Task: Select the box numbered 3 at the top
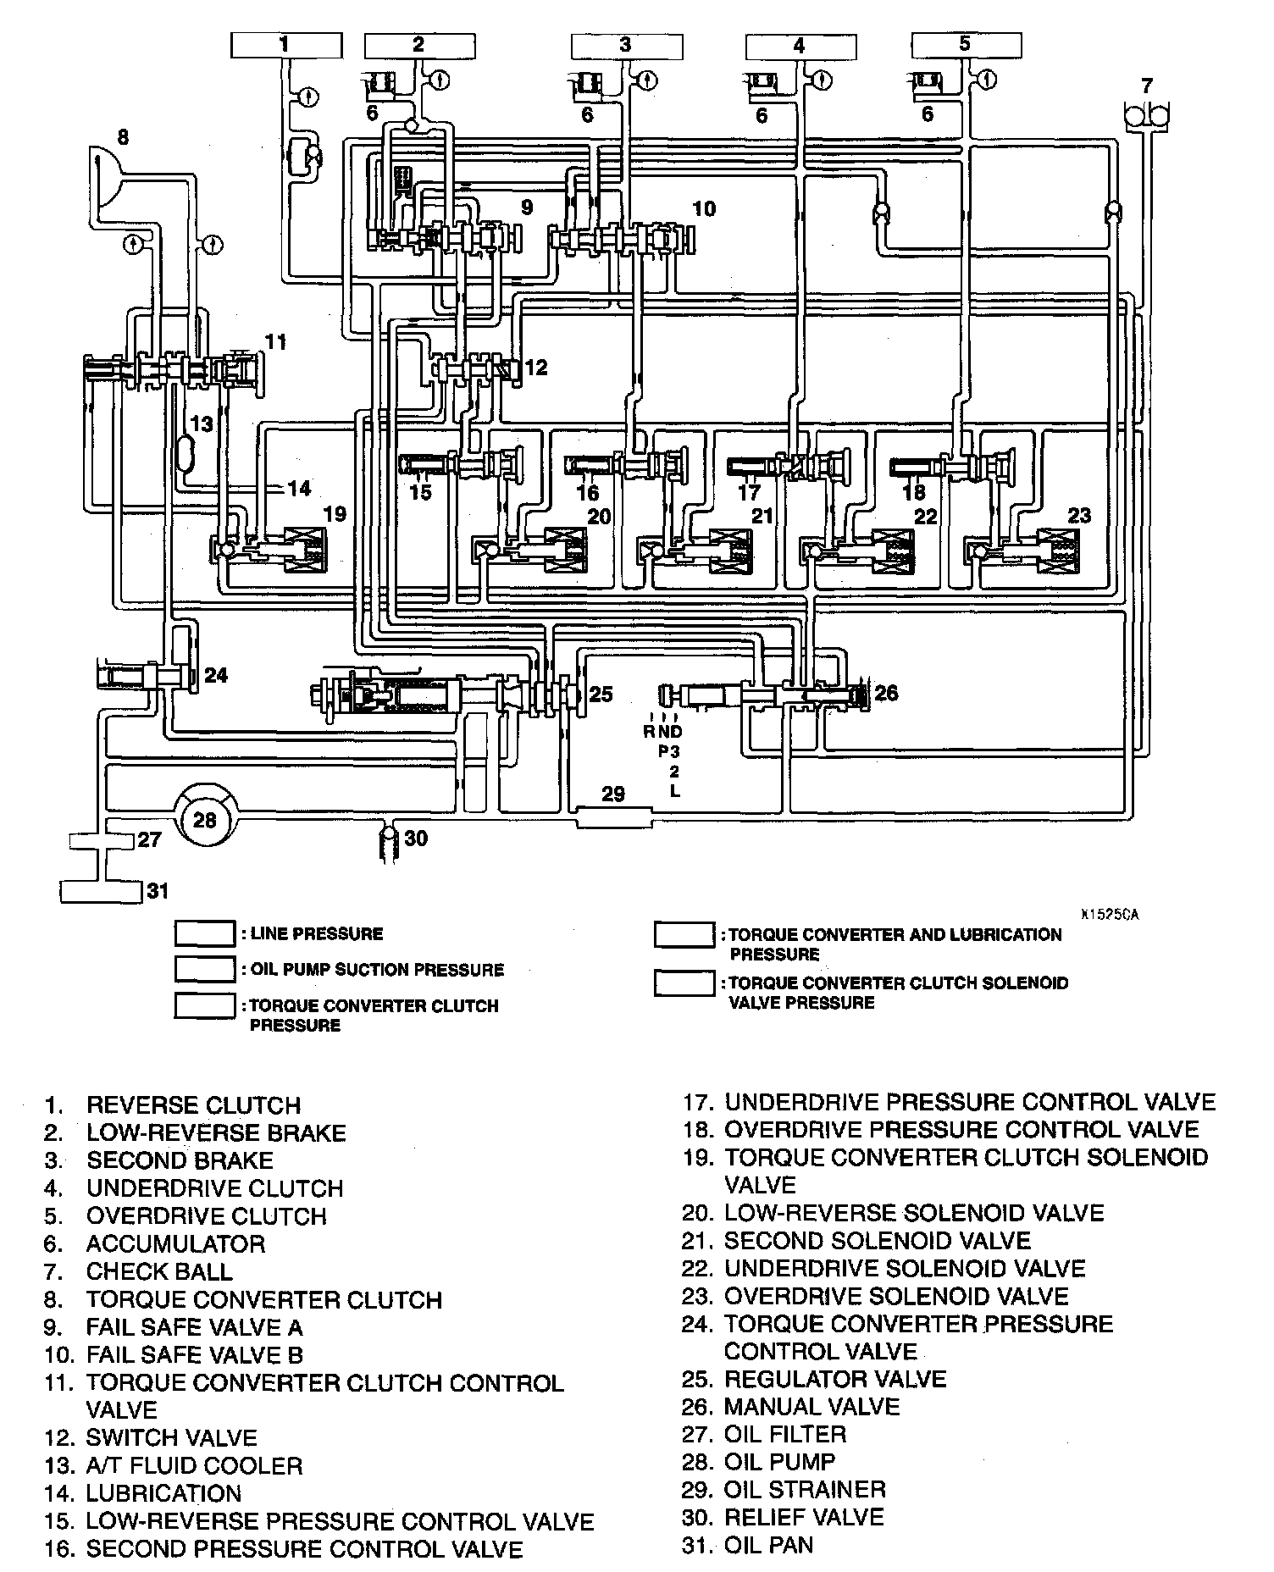tap(626, 45)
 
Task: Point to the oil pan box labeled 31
tap(101, 892)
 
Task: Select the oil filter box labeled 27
tap(101, 841)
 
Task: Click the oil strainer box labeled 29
tap(613, 816)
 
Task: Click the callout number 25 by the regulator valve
tap(600, 695)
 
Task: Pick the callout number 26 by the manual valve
tap(885, 694)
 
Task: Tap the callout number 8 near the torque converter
tap(124, 136)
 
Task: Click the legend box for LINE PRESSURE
tap(204, 934)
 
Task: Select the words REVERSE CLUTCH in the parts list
tap(193, 1105)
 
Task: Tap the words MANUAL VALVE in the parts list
tap(811, 1407)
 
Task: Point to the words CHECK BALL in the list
tap(159, 1272)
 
